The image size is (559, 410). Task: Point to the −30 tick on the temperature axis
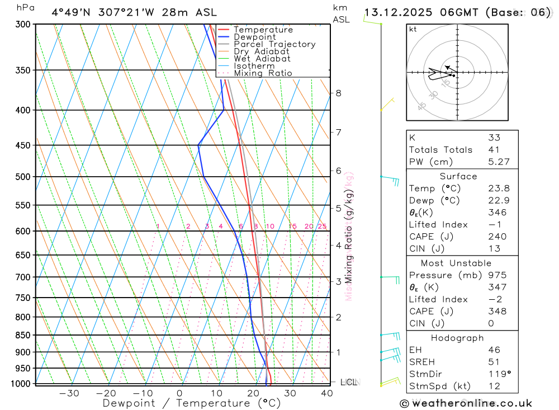pos(69,393)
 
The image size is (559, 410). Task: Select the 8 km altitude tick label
pos(338,93)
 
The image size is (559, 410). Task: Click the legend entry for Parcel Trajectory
pos(274,44)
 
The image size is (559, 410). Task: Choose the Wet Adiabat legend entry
pos(262,59)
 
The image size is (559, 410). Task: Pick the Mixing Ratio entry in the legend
pos(263,73)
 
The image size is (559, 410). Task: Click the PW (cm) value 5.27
pos(497,162)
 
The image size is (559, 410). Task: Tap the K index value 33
pos(494,138)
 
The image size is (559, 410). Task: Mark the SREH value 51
pos(494,362)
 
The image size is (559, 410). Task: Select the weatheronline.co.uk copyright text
pos(466,403)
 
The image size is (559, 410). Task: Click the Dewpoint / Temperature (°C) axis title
pos(191,403)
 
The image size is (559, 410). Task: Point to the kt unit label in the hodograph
pos(413,29)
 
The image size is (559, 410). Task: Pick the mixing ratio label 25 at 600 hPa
pos(322,227)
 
